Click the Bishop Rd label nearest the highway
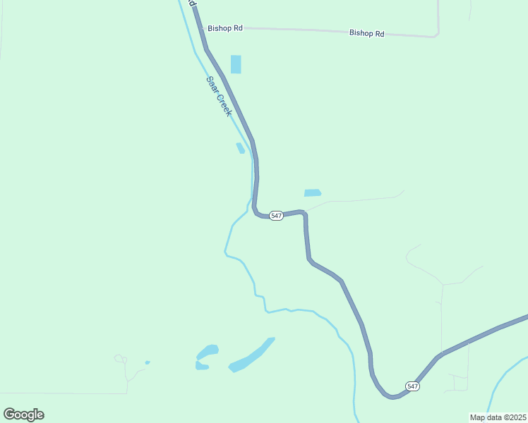click(x=225, y=28)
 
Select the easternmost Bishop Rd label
click(x=366, y=33)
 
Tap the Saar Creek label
click(x=218, y=96)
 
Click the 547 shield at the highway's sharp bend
click(x=276, y=216)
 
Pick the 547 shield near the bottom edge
click(x=413, y=386)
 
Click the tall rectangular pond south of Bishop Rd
click(x=236, y=64)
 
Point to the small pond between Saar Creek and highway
click(x=241, y=148)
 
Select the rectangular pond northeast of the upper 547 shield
click(x=312, y=192)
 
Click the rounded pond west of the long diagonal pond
click(x=208, y=351)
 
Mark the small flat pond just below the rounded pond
click(x=202, y=366)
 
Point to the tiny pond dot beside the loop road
click(x=148, y=362)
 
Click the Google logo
click(x=23, y=415)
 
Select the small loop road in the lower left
click(x=120, y=359)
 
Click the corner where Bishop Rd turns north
click(x=438, y=34)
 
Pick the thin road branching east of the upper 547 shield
click(x=353, y=200)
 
